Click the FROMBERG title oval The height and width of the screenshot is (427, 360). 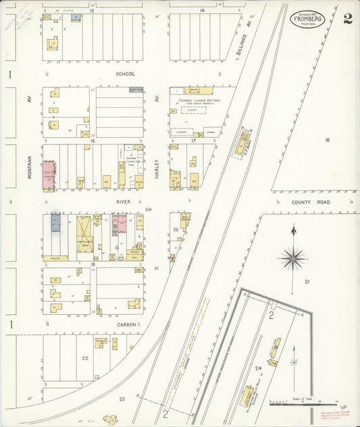point(308,20)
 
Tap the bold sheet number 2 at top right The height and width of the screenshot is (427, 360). point(346,19)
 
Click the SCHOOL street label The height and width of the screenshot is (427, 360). point(125,74)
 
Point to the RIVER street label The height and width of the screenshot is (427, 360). point(123,201)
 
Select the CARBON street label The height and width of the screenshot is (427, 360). point(126,324)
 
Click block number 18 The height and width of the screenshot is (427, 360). point(327,140)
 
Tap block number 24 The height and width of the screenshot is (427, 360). point(258,368)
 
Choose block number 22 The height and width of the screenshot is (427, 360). point(85,358)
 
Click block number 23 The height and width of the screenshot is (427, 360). point(122,399)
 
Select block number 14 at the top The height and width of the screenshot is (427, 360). point(202,11)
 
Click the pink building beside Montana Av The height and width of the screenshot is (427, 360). point(49,173)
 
